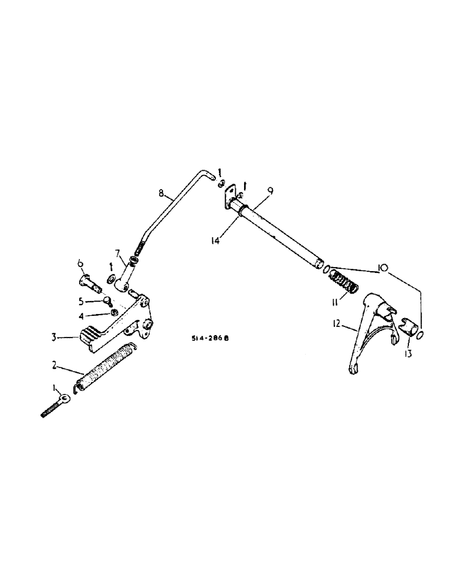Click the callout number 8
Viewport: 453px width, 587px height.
point(160,192)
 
